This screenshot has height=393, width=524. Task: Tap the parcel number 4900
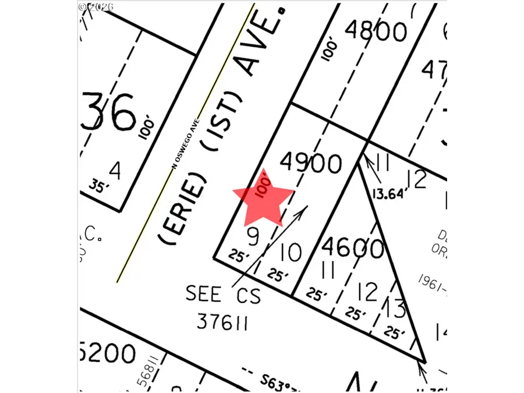(310, 164)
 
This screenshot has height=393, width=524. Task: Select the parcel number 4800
(376, 30)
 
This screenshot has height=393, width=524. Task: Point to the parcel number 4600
(352, 249)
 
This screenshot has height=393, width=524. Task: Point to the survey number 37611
(223, 321)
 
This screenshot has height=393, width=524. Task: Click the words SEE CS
(223, 294)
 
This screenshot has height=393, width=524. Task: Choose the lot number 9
(252, 236)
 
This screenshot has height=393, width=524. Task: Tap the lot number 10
(290, 253)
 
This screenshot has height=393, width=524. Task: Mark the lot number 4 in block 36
(115, 171)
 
